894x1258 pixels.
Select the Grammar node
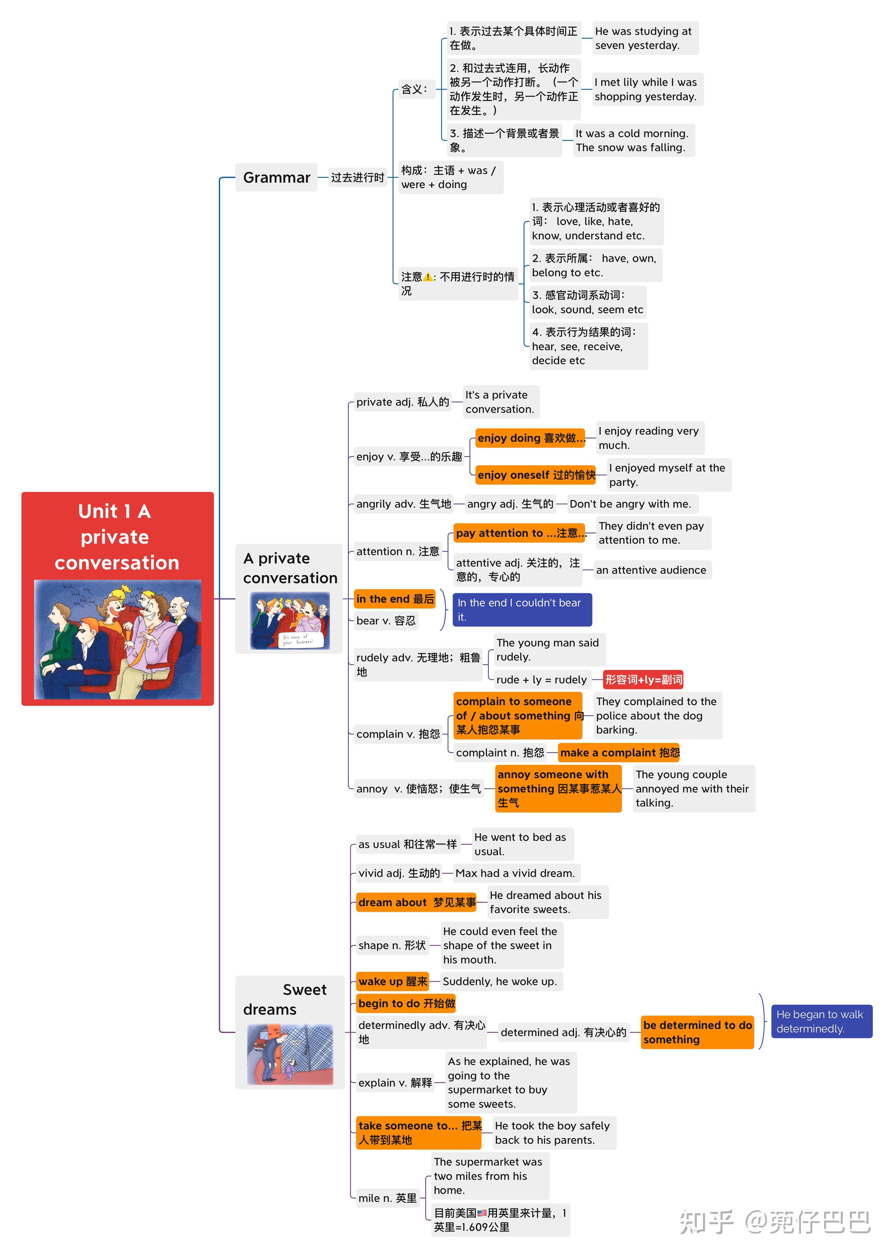coord(276,177)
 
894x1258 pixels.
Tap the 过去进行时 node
coord(357,177)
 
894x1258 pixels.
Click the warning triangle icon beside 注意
coord(428,277)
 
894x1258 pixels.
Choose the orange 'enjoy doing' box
coord(530,438)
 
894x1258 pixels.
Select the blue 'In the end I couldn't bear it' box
coord(521,610)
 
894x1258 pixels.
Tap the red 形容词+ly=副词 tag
coord(643,680)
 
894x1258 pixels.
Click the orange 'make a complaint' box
coord(619,752)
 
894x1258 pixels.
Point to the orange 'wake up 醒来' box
coord(393,981)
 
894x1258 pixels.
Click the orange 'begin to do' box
coord(406,1003)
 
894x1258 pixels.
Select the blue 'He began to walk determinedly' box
coord(821,1021)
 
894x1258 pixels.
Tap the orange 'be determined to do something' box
coord(697,1032)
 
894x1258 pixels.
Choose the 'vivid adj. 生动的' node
coord(399,873)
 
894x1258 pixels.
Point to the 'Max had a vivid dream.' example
coord(515,873)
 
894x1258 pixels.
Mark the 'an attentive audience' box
coord(651,570)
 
